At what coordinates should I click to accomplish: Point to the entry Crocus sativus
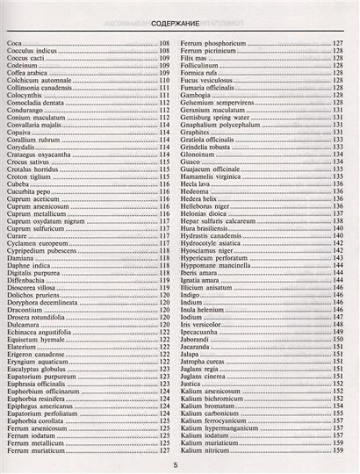tap(28, 162)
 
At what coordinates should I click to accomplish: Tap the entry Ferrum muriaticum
tap(36, 451)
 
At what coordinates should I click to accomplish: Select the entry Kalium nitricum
tap(209, 451)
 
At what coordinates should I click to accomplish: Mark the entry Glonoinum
tap(201, 153)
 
